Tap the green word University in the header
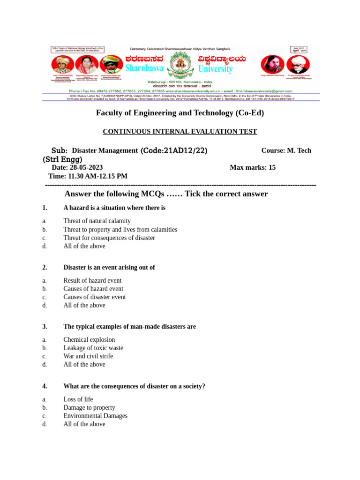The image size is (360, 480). click(215, 69)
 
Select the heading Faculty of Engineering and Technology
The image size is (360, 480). click(180, 113)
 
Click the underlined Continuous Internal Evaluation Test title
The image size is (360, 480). click(180, 132)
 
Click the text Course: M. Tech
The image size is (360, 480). click(286, 150)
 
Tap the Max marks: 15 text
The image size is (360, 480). click(253, 167)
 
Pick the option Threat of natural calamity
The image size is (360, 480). click(97, 221)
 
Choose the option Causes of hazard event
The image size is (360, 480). click(93, 289)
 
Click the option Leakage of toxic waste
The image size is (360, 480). click(93, 348)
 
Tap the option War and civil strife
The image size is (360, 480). click(88, 356)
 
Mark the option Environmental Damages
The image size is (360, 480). click(95, 416)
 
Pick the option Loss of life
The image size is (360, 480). click(78, 399)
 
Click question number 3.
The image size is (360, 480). click(45, 327)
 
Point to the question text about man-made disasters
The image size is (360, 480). click(129, 327)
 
